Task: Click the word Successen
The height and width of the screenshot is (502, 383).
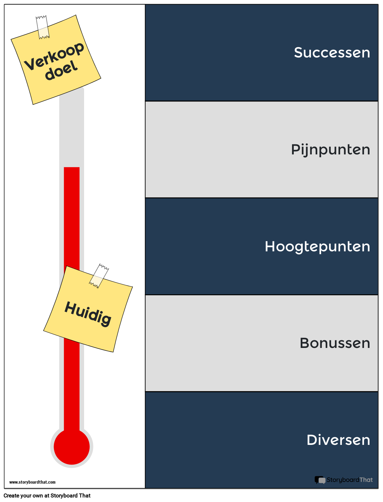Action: click(332, 53)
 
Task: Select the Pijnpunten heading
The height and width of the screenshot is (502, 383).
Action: click(330, 150)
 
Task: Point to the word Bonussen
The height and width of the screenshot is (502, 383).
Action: click(335, 343)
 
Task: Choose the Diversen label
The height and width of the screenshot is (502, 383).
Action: click(338, 440)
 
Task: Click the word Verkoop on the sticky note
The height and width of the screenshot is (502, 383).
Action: click(54, 56)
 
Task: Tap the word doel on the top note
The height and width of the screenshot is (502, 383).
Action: click(61, 70)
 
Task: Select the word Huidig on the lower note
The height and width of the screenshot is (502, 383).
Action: click(88, 314)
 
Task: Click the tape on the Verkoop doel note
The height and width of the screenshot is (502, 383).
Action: click(43, 27)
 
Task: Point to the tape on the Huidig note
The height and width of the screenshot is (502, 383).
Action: click(99, 276)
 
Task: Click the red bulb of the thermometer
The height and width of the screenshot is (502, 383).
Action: click(72, 447)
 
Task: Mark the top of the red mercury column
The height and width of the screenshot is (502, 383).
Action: click(72, 168)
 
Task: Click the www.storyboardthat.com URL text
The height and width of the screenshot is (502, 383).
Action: click(33, 482)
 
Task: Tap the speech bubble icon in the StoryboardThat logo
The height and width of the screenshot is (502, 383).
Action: click(320, 480)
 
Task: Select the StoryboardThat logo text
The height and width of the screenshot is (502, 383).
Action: click(350, 480)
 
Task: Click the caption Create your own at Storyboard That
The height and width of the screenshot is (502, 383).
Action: click(47, 496)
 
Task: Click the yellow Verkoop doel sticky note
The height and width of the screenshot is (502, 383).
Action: click(56, 60)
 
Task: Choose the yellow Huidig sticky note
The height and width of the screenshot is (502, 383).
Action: click(88, 309)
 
